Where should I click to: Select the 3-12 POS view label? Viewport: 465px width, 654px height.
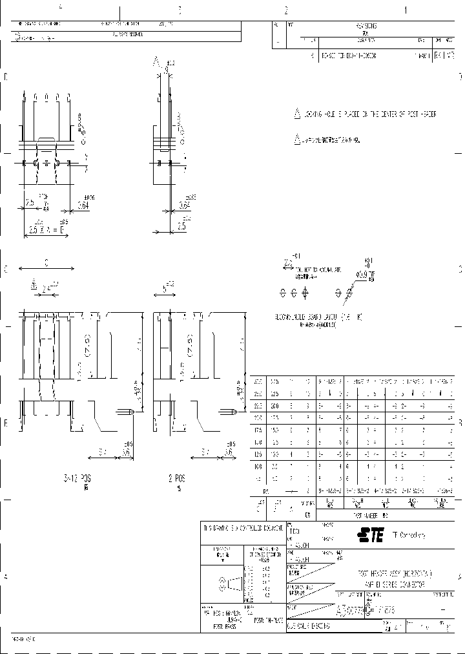click(x=78, y=480)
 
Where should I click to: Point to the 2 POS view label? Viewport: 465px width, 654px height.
click(x=178, y=480)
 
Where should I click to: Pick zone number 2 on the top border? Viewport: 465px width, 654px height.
click(x=285, y=10)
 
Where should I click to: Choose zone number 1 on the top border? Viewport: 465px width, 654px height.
click(x=406, y=10)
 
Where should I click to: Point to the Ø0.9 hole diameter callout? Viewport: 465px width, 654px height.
click(x=365, y=273)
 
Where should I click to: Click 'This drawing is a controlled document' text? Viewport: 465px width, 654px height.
click(x=242, y=527)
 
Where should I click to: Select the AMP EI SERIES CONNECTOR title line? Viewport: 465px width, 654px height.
click(x=387, y=584)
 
